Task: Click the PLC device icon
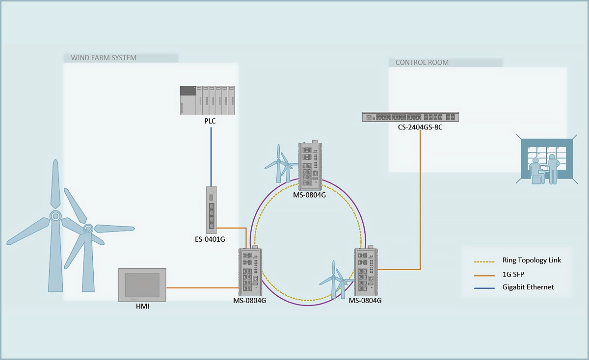(208, 101)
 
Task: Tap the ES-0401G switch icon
(212, 210)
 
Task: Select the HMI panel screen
(142, 285)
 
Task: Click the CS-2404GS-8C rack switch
(410, 117)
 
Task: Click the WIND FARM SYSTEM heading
(104, 58)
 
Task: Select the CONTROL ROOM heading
(422, 63)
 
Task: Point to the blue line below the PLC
(211, 157)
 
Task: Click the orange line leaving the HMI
(202, 288)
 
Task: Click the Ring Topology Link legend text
(532, 260)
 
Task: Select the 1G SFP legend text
(513, 274)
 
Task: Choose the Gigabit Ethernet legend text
(528, 287)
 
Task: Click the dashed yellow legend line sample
(484, 262)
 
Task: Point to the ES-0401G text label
(210, 239)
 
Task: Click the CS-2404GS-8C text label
(420, 127)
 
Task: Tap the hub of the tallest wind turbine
(55, 216)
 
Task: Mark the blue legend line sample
(484, 288)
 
